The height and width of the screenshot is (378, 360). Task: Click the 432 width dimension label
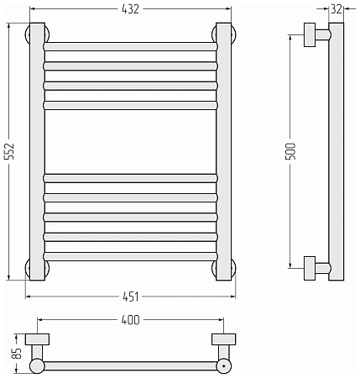point(130,9)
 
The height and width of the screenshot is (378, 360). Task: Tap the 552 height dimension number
point(9,151)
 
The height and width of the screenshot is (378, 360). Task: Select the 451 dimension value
point(131,297)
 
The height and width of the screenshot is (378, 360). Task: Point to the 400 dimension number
point(130,320)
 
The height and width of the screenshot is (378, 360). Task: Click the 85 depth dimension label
point(18,354)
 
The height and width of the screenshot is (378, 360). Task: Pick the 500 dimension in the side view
point(290,151)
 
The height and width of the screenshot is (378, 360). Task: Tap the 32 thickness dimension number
point(337,9)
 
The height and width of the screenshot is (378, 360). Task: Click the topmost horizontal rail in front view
point(130,46)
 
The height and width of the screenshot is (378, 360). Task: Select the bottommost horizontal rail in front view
point(130,256)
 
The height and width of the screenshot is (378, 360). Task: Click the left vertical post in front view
point(37,151)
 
